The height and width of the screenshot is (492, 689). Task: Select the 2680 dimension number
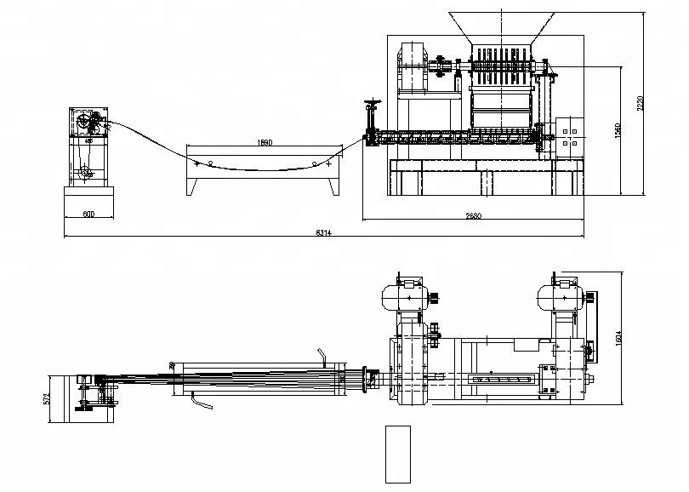pyautogui.click(x=473, y=215)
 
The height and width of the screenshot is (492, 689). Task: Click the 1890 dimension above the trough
pyautogui.click(x=264, y=143)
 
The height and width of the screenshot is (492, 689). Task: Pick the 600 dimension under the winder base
pyautogui.click(x=88, y=215)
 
